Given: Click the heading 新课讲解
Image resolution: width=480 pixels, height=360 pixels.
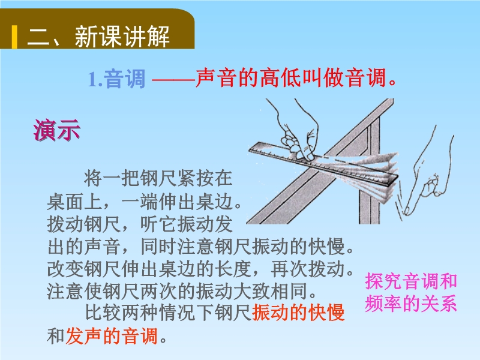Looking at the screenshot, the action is (122, 37).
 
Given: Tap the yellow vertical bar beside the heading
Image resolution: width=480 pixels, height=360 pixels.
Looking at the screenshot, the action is (14, 37).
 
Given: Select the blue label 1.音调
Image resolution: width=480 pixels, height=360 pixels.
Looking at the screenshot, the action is (116, 79).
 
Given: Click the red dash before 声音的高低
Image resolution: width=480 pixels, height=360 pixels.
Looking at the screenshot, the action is (173, 80).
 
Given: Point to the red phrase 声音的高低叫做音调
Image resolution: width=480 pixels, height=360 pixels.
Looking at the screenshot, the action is (296, 78).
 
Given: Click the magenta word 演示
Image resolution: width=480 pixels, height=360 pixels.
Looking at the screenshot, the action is (57, 130).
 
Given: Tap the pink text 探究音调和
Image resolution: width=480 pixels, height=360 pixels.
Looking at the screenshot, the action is (411, 281).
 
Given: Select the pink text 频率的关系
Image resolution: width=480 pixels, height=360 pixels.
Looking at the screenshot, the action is (411, 304).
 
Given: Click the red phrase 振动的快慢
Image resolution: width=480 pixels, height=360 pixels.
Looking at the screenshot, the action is (298, 313).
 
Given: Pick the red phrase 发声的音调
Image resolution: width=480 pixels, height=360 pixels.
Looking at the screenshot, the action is (112, 336).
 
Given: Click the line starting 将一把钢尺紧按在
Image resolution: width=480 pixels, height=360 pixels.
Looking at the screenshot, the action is (158, 178).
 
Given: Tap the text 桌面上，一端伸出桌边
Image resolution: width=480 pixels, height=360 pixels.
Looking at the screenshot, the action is (145, 202).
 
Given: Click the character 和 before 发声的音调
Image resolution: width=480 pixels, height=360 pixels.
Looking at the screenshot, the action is (56, 336).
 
